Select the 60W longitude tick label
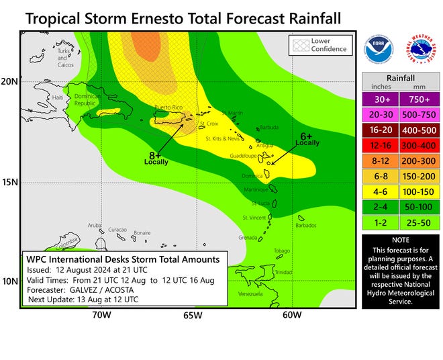point(291,314)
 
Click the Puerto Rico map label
point(168,108)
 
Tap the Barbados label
point(305,226)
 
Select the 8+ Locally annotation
point(156,157)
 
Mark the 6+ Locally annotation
point(307,139)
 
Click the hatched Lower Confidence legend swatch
point(298,45)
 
